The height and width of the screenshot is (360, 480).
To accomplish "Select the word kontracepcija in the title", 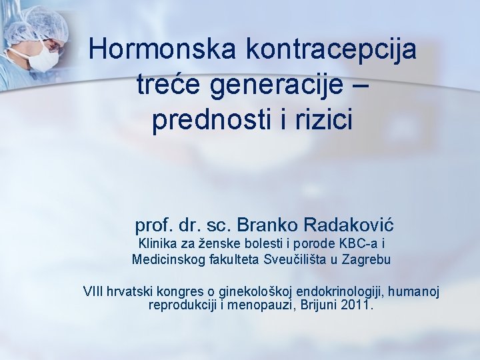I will [331, 49].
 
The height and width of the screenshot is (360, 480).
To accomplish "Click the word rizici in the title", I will [323, 121].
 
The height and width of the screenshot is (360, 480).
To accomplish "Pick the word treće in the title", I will [163, 85].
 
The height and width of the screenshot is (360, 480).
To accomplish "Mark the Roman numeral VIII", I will [95, 291].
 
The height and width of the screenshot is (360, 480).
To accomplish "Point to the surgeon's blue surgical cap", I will [43, 23].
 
